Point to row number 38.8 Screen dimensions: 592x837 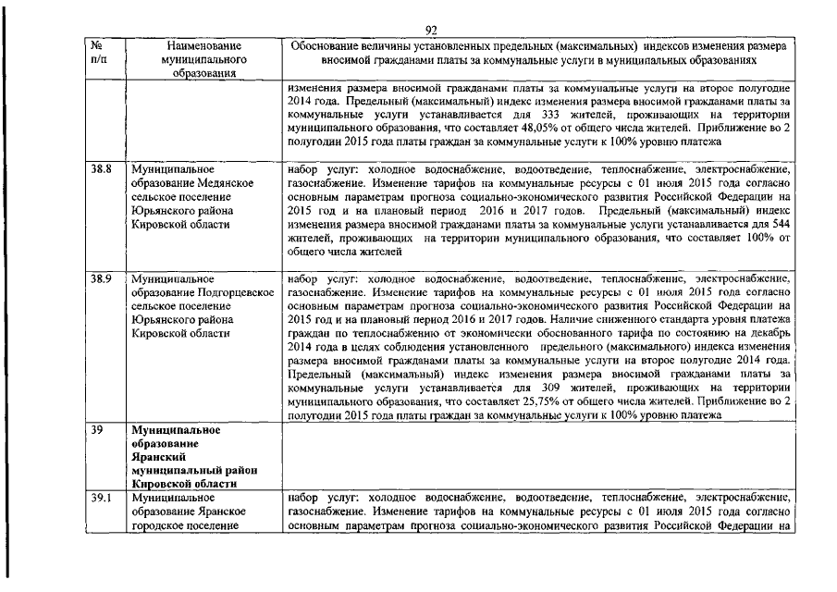click(x=101, y=170)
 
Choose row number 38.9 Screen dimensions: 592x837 click(x=101, y=277)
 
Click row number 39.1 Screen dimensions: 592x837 click(x=100, y=499)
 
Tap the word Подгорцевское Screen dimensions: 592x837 click(x=235, y=291)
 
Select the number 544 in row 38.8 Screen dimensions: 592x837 click(x=781, y=224)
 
